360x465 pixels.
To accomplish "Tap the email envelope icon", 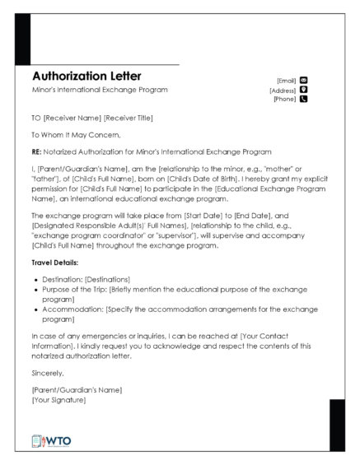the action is coord(303,81).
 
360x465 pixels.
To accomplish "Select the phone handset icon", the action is coord(303,99).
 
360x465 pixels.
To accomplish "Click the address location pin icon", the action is coord(303,90).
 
